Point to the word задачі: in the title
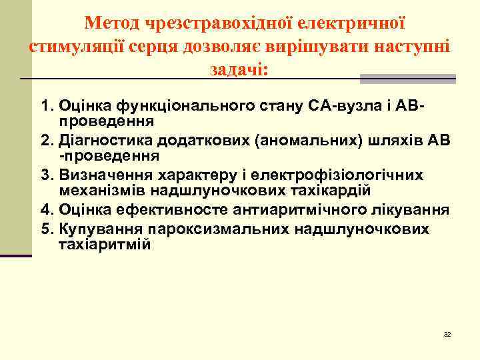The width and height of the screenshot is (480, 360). [239, 69]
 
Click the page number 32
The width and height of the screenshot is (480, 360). [447, 334]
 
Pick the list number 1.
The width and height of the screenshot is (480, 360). [46, 106]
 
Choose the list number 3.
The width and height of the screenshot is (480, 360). [46, 175]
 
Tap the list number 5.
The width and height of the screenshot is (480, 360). [46, 229]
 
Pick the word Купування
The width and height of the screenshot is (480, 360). [95, 229]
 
